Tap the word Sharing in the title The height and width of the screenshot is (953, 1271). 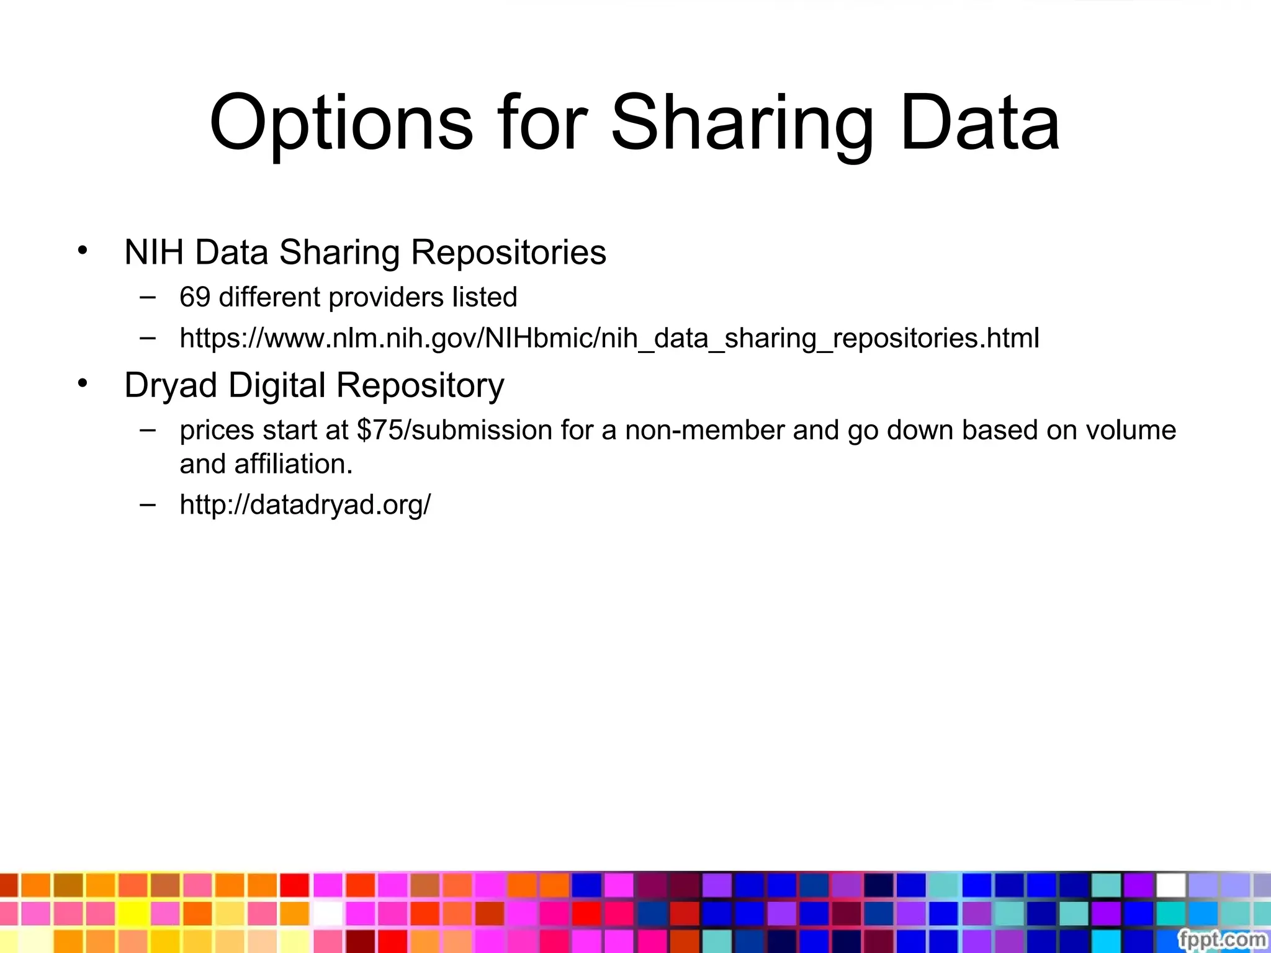click(743, 123)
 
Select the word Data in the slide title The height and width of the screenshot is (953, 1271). click(980, 123)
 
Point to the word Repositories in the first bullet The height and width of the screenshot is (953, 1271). click(508, 253)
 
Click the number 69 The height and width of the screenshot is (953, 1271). click(195, 297)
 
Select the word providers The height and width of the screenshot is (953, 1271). click(386, 297)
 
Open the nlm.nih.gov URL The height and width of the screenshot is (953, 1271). click(609, 338)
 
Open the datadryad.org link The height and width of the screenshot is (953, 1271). click(305, 504)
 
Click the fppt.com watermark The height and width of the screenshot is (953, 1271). click(1221, 939)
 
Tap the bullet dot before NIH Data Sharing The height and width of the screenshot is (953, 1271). click(83, 251)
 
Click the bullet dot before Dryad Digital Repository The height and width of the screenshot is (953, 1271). click(83, 383)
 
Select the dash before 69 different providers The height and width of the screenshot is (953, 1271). click(148, 297)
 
